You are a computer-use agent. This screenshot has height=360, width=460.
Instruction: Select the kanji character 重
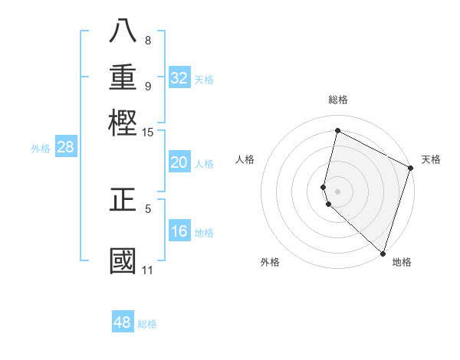(x=123, y=77)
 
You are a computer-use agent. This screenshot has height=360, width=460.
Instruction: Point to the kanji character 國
(x=123, y=261)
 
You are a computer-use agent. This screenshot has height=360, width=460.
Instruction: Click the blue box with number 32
(x=179, y=77)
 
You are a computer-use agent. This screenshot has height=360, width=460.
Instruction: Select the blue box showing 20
(x=179, y=162)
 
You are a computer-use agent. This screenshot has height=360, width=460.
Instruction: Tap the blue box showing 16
(x=179, y=231)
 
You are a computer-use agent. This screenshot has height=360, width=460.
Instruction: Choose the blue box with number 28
(x=65, y=147)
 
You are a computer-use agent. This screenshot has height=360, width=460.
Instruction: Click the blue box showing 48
(x=122, y=322)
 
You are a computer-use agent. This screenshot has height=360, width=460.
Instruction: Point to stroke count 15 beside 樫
(x=147, y=133)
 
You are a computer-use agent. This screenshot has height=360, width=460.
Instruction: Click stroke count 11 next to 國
(x=147, y=270)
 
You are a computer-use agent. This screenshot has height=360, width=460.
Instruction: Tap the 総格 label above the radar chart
(x=337, y=100)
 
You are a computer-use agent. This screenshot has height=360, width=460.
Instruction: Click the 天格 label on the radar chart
(x=431, y=159)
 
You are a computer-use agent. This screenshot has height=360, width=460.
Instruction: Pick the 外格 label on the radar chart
(x=270, y=262)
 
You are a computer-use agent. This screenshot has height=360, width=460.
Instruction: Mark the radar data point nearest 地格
(x=383, y=254)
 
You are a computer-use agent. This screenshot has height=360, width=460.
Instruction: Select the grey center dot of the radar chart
(x=337, y=191)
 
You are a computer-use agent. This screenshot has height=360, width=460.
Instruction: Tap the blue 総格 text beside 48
(x=147, y=323)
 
